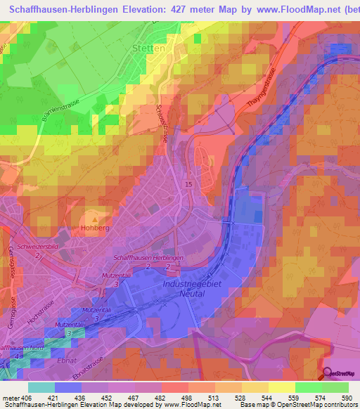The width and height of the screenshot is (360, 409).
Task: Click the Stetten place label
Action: (x=148, y=49)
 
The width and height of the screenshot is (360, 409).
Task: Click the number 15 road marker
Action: (x=188, y=184)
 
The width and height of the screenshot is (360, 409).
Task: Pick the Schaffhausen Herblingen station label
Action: (x=148, y=258)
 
